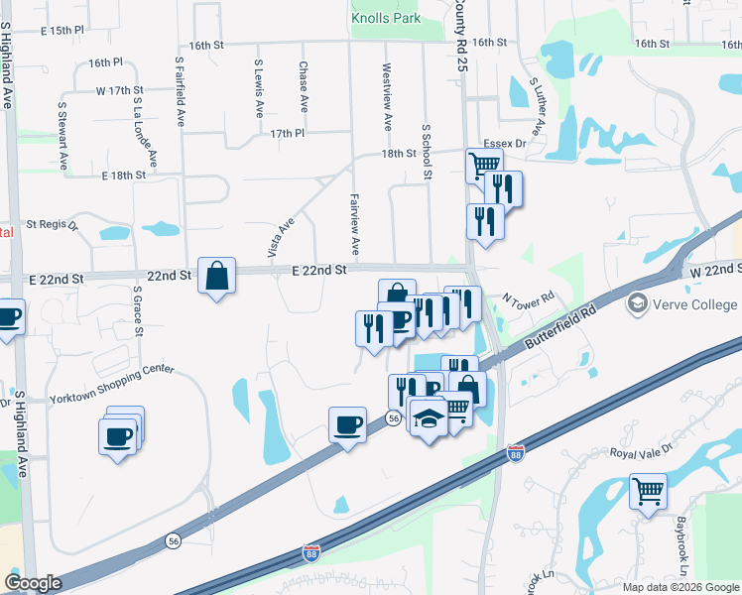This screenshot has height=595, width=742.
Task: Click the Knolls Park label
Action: click(386, 18)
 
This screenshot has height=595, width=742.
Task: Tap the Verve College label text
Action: click(693, 304)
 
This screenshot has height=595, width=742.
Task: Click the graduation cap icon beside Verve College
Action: click(636, 303)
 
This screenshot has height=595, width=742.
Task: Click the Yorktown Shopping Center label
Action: click(111, 384)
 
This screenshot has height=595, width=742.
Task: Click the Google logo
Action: click(34, 582)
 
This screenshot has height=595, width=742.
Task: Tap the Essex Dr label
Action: click(505, 144)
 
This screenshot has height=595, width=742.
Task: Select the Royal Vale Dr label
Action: click(641, 449)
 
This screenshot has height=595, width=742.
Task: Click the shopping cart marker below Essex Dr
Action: click(484, 164)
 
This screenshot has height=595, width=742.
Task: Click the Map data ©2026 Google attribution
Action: click(680, 587)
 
